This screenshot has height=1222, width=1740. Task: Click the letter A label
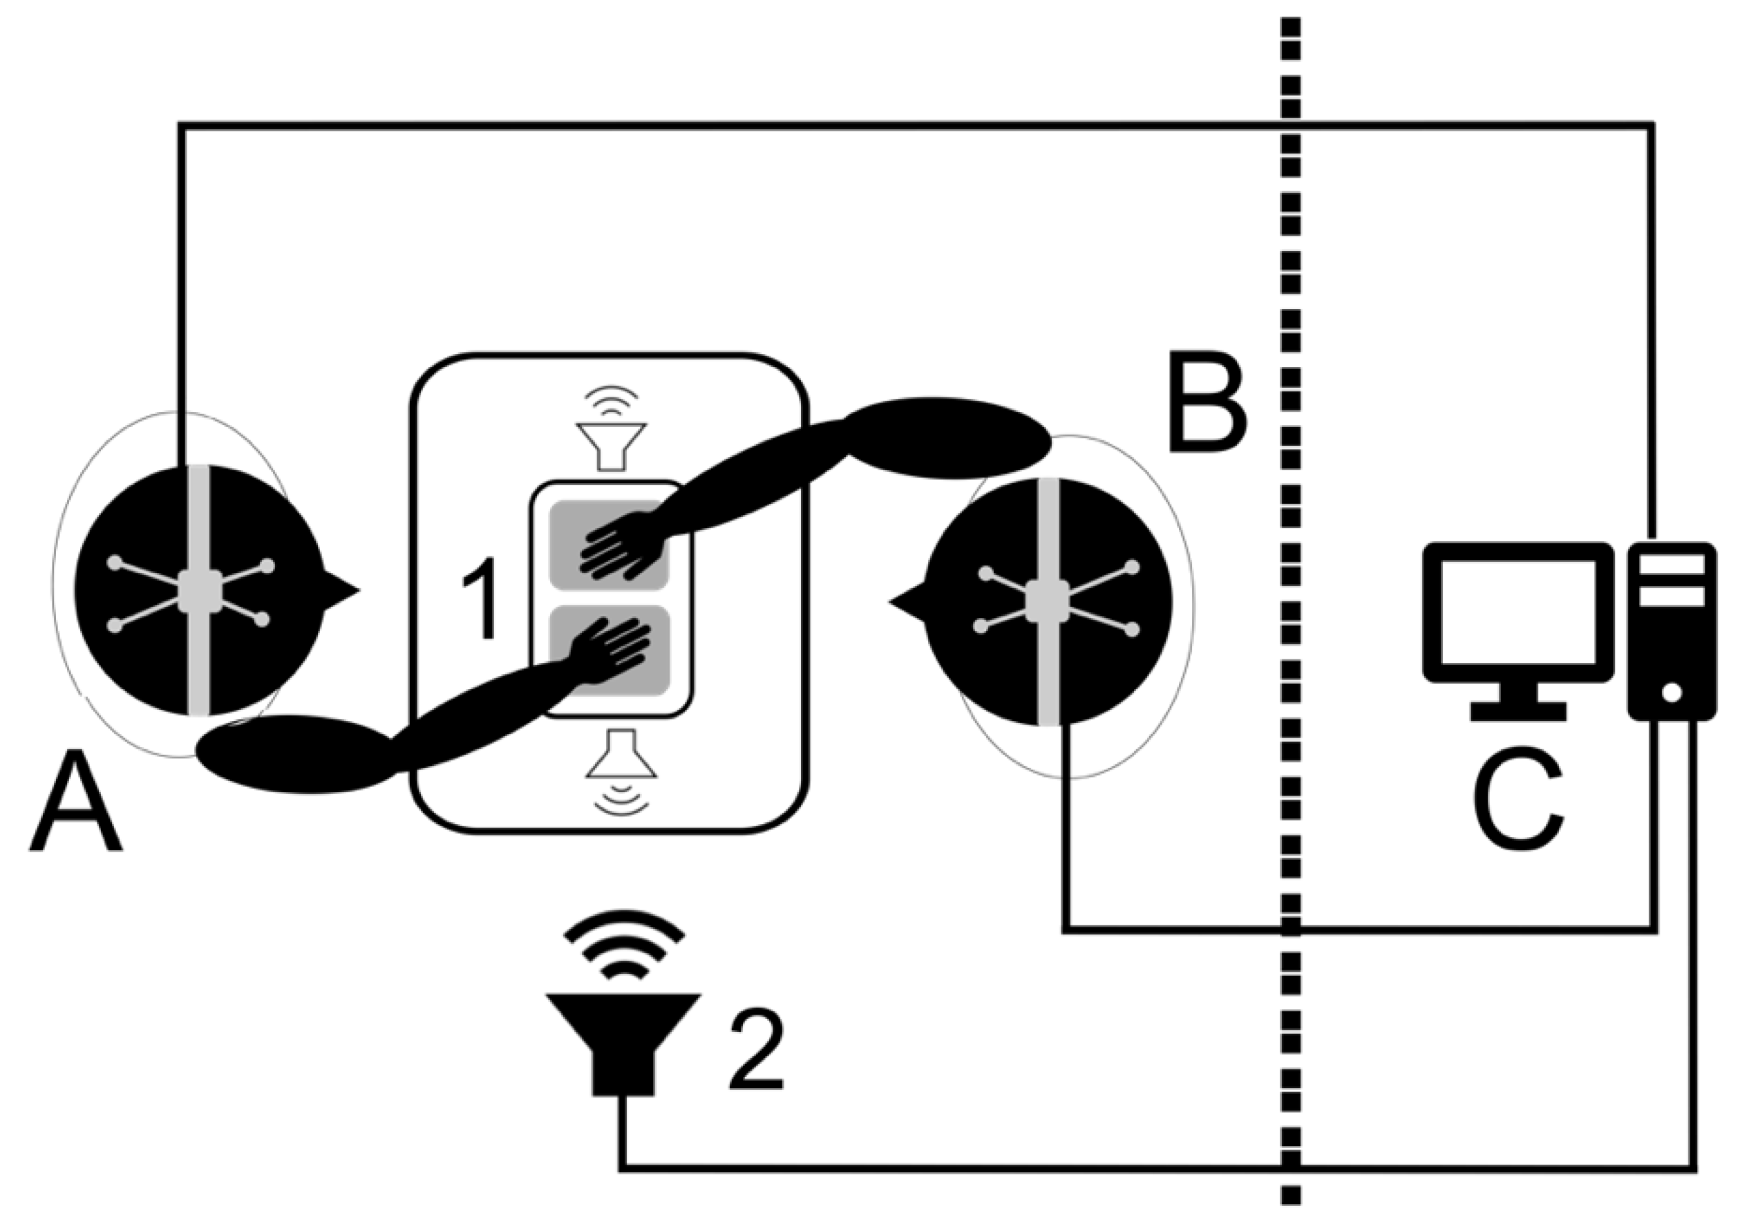[x=76, y=804]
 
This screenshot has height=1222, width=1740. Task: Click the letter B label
[x=1207, y=402]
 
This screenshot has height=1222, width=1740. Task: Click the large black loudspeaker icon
[x=623, y=1042]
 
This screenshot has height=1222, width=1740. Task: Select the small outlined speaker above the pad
[x=612, y=445]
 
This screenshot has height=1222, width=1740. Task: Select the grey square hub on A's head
[x=199, y=590]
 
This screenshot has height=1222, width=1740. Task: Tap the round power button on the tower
[x=1672, y=692]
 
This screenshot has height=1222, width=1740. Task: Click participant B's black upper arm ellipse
[x=947, y=438]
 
